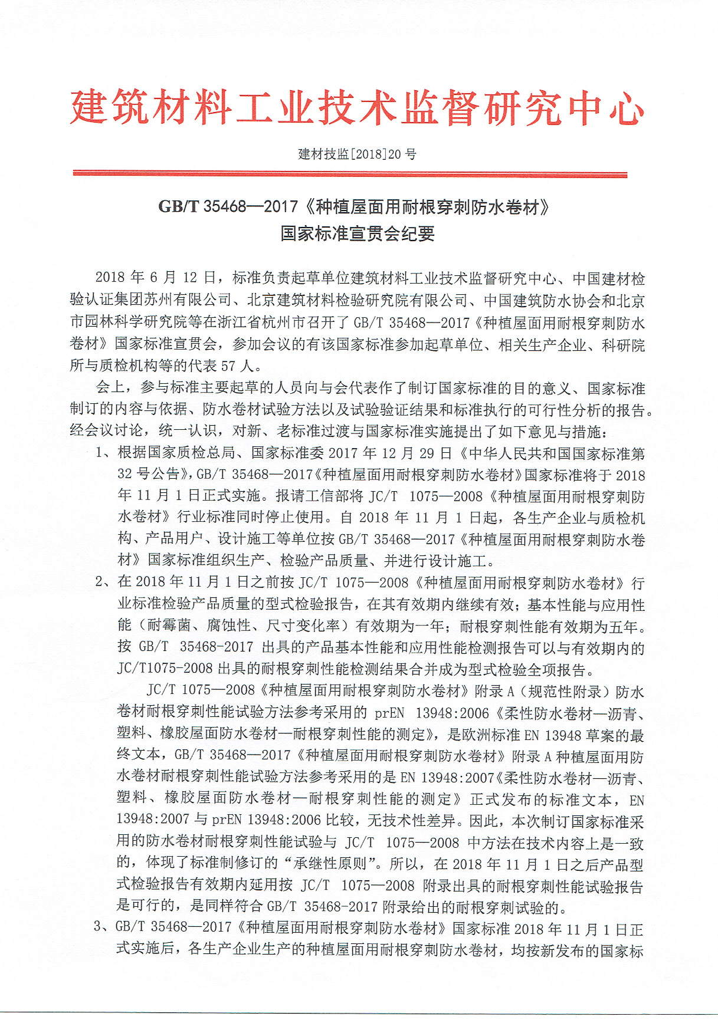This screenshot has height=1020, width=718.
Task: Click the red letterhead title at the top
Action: pos(357,108)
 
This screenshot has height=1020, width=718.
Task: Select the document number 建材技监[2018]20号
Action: pos(357,154)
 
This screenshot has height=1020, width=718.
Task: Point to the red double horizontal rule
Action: pos(350,174)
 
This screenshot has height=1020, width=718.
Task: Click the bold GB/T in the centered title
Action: pos(179,207)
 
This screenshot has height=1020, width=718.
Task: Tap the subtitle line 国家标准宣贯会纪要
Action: pos(358,233)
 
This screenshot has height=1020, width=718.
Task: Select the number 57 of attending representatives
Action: pos(228,366)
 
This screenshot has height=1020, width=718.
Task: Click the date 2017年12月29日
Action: pos(390,453)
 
